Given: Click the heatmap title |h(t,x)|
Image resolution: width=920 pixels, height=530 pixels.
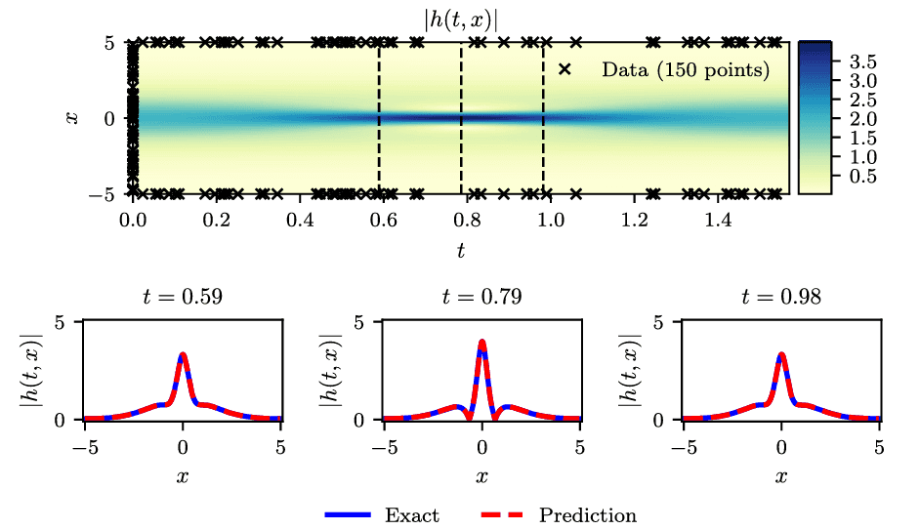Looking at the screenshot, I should coord(460,18).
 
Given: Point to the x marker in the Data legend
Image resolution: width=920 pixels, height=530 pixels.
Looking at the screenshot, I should coord(564,70).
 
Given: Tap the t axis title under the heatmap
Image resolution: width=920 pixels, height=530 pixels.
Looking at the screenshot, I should coord(460,251).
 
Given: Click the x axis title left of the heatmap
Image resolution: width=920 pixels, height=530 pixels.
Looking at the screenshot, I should coord(72,118).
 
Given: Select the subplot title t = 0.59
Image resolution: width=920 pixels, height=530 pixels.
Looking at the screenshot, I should coord(183,297).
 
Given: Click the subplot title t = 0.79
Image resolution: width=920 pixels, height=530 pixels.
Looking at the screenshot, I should coord(481,297).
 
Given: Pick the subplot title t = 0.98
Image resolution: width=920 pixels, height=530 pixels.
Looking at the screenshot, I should coord(781,297).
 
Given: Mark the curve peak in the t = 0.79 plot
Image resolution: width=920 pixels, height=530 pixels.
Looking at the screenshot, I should coord(481,342).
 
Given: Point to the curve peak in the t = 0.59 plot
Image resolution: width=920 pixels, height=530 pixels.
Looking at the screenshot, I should coord(183,355).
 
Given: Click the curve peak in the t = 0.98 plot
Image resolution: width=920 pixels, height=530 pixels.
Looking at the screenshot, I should coord(781,355).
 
